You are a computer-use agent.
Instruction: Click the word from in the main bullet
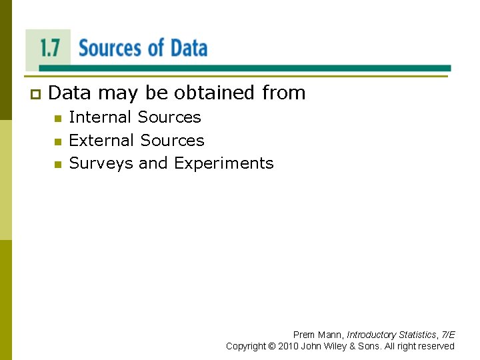(283, 93)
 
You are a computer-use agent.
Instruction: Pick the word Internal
(100, 117)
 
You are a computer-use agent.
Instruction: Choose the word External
(101, 141)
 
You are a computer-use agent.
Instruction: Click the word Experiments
(224, 164)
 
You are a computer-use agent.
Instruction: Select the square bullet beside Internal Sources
(57, 119)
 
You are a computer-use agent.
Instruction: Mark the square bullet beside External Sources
(57, 142)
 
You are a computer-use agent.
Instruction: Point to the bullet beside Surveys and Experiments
(57, 165)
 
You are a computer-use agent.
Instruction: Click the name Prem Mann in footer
(318, 335)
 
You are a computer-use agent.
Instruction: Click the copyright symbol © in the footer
(271, 346)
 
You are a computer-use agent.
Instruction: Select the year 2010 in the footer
(288, 346)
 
